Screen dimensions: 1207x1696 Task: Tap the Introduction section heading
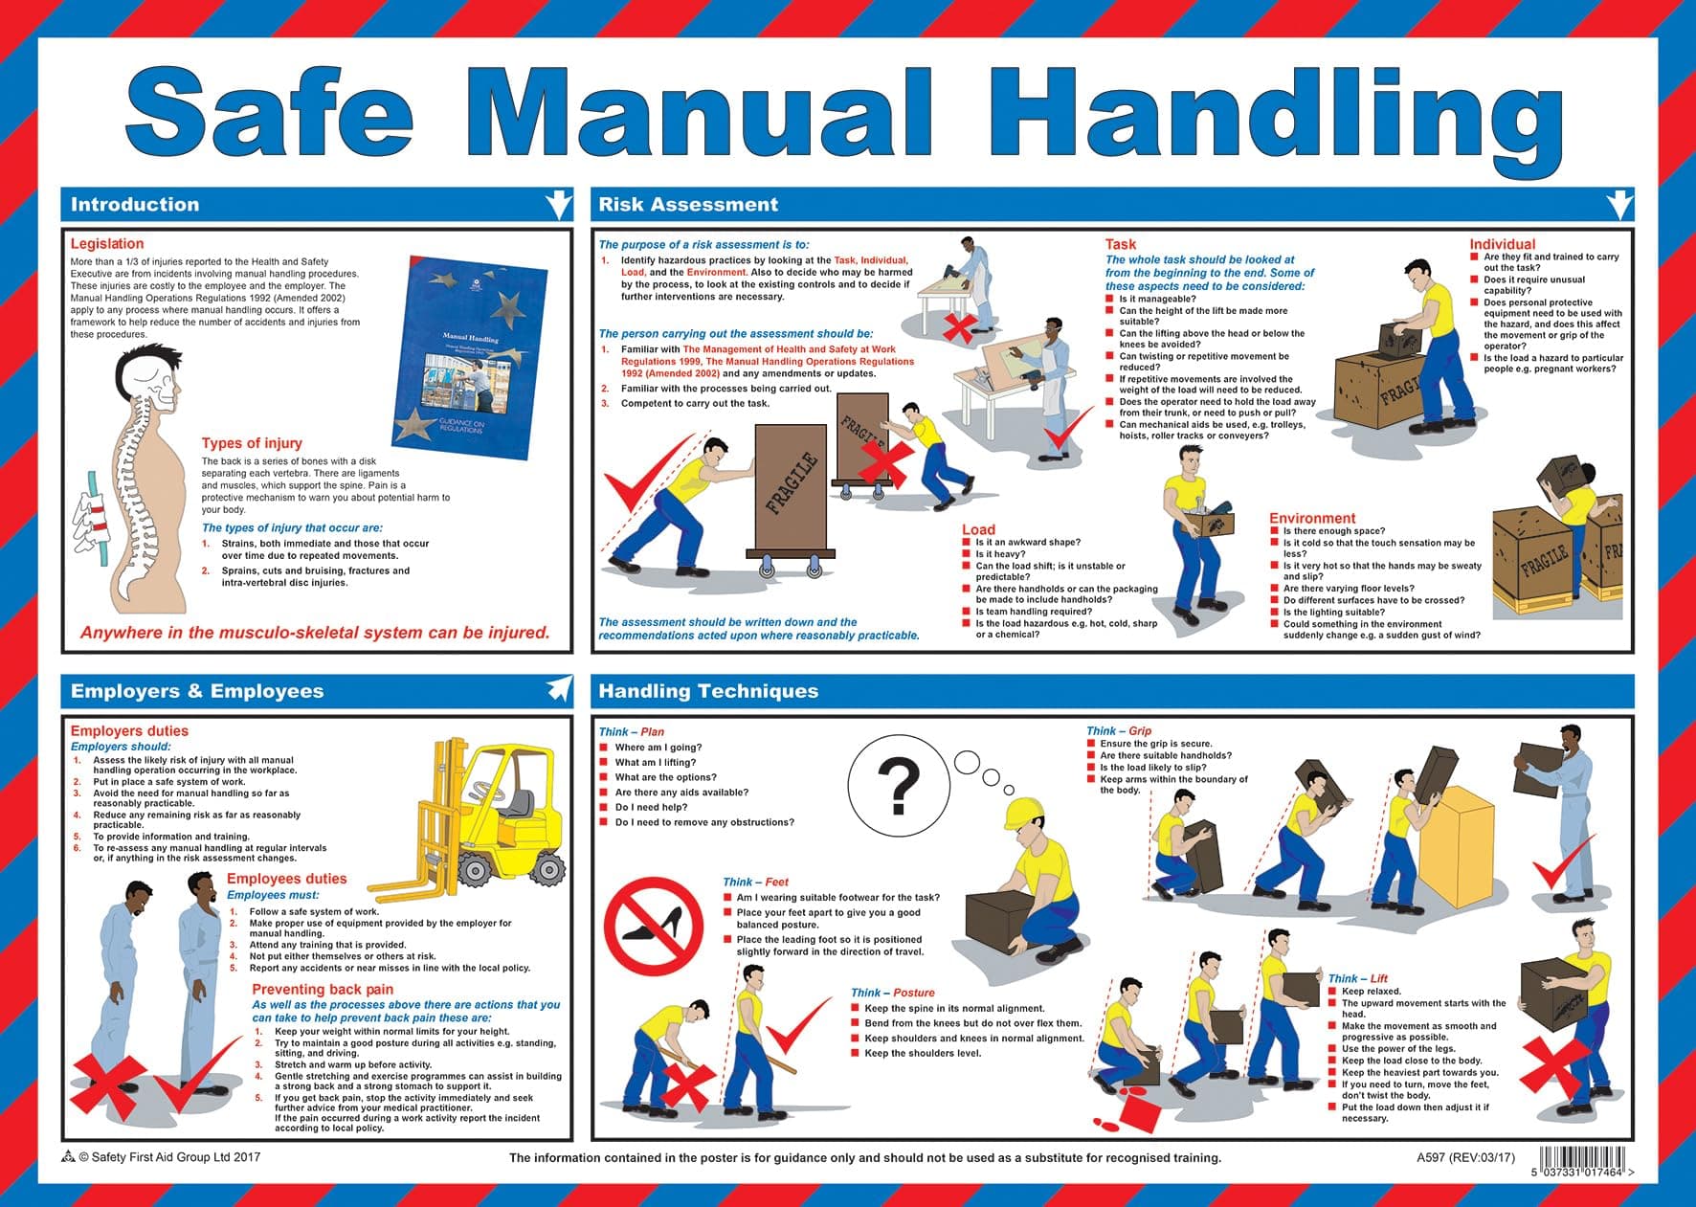coord(135,205)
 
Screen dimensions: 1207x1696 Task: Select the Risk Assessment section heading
coord(688,205)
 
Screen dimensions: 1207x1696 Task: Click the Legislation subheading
coord(107,244)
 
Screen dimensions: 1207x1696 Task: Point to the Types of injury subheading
coord(252,443)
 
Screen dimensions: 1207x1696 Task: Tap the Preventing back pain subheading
coord(323,990)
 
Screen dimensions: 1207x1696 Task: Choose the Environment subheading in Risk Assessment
coord(1312,518)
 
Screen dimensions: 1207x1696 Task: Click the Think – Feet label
coord(755,883)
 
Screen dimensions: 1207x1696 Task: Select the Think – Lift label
coord(1357,978)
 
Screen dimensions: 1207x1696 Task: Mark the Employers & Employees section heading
coord(197,691)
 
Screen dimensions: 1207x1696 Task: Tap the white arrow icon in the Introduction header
coord(558,205)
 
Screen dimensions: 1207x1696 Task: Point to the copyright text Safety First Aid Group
coord(167,1157)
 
